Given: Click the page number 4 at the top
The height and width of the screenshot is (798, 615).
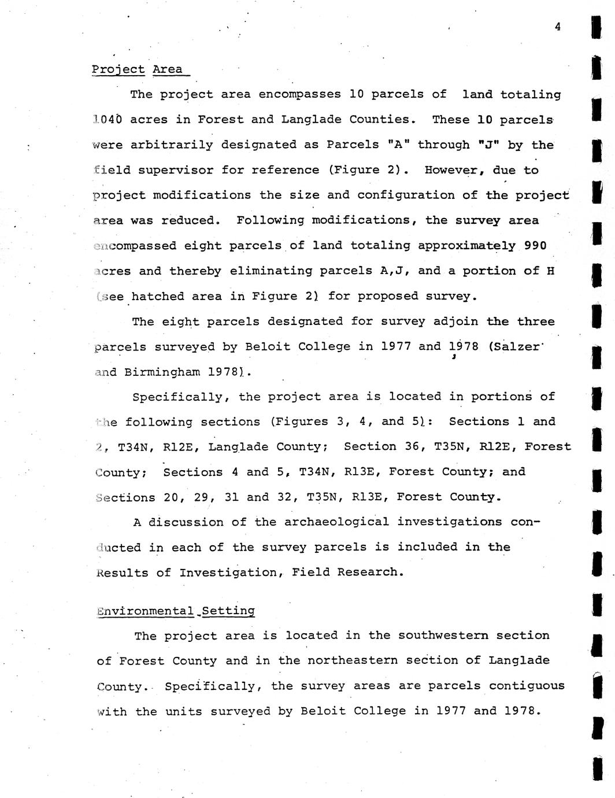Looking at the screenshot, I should [557, 26].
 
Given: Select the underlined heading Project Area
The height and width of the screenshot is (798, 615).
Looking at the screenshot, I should [138, 69].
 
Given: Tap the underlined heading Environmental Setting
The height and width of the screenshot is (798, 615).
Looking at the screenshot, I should [176, 611].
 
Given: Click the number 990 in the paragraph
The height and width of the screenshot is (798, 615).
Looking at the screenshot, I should [535, 245].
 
